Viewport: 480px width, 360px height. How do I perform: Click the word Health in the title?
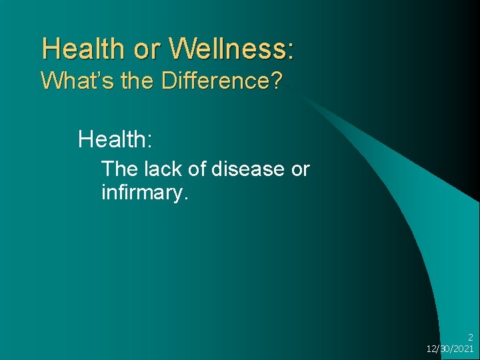point(82,49)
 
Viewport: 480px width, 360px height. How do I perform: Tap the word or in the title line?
point(145,49)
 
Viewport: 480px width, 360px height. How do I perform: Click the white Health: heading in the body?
point(115,139)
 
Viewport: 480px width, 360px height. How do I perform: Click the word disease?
point(249,169)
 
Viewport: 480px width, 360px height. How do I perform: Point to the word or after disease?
point(301,169)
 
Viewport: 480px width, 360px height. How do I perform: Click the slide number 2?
point(471,337)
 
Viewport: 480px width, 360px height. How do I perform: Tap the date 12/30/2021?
point(450,349)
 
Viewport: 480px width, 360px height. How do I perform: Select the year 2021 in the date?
point(463,349)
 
